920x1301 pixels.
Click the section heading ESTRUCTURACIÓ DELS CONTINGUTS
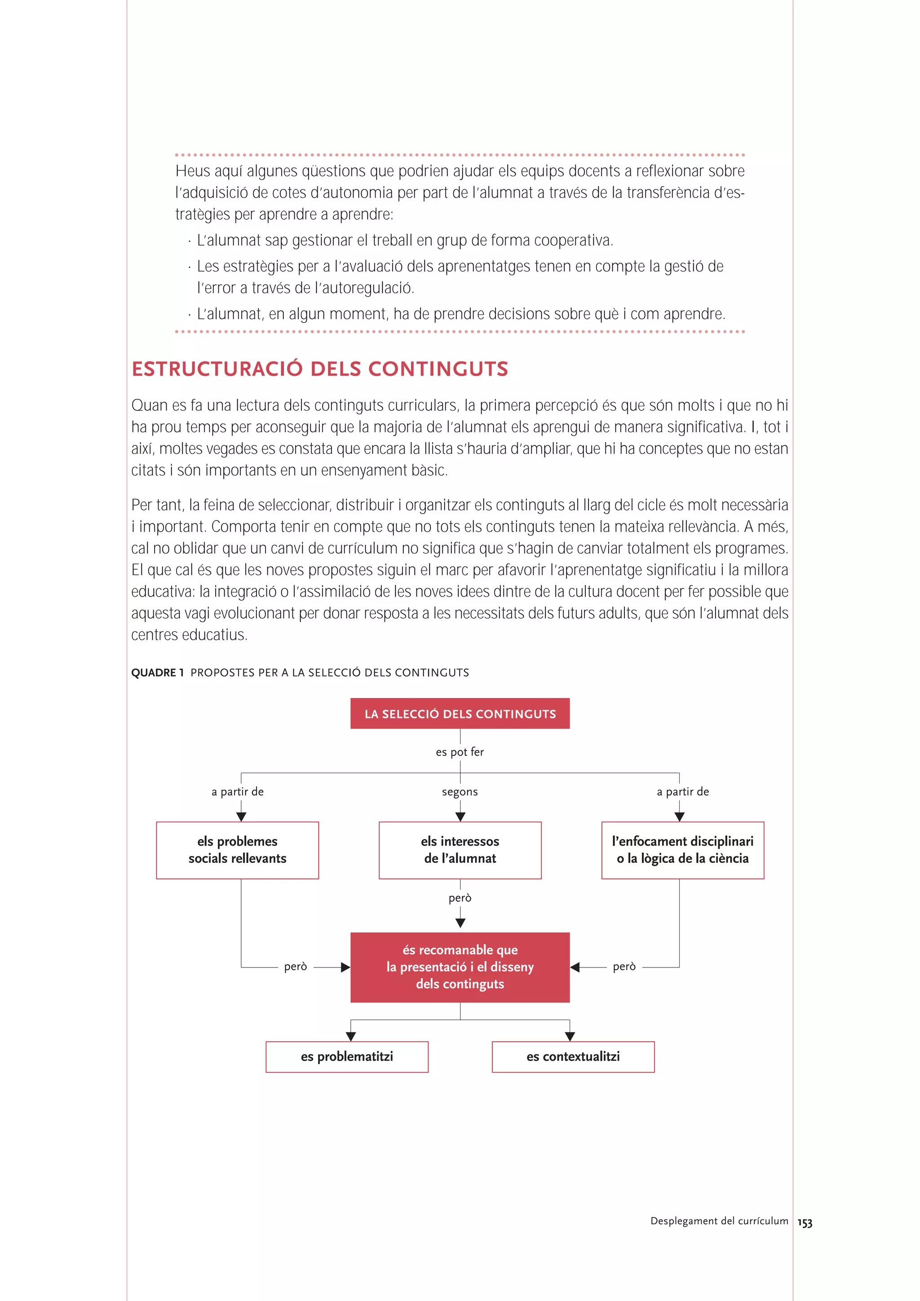click(x=320, y=369)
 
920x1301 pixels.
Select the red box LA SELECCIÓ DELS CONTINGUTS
click(x=460, y=713)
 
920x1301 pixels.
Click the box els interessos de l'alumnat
click(x=460, y=850)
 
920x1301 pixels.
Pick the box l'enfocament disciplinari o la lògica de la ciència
click(x=682, y=850)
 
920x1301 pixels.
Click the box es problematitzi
click(x=347, y=1057)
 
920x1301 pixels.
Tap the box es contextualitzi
click(x=573, y=1057)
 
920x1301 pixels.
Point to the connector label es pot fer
click(x=460, y=752)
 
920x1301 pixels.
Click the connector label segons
click(x=460, y=791)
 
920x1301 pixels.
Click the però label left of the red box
click(x=295, y=967)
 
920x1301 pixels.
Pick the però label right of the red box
click(x=624, y=967)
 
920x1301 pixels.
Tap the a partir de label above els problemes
click(x=238, y=791)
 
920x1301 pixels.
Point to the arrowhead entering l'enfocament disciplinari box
click(x=679, y=817)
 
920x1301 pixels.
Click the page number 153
click(x=805, y=1223)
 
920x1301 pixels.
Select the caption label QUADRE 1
click(x=158, y=672)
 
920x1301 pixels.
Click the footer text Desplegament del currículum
click(x=719, y=1221)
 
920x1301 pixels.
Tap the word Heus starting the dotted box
click(x=192, y=171)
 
